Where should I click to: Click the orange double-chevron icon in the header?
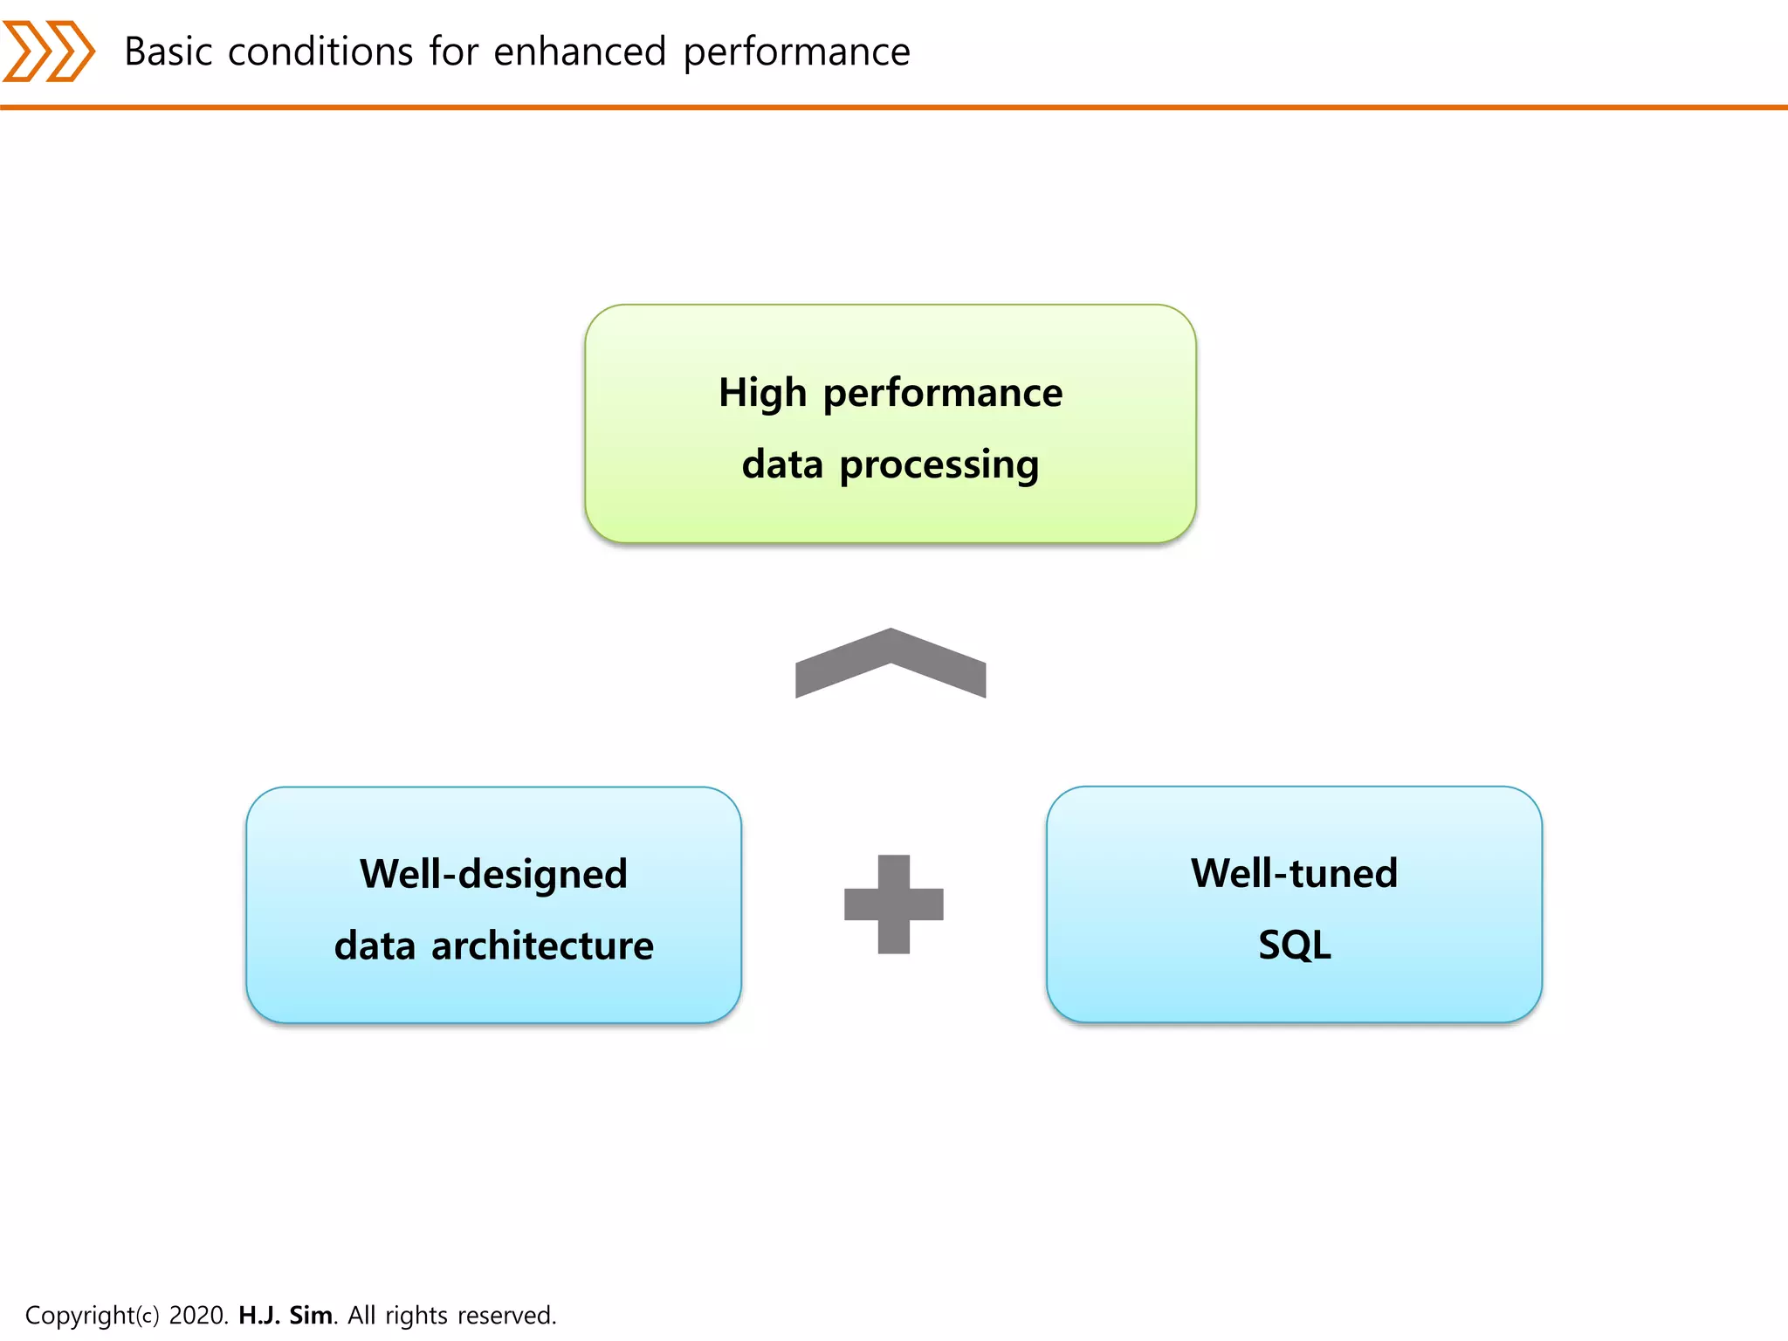point(49,52)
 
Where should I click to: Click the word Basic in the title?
point(168,52)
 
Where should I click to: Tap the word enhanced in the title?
point(580,52)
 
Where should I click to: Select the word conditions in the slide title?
point(320,52)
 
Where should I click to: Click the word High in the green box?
point(762,394)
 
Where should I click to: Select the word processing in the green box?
point(939,465)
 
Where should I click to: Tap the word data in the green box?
point(782,464)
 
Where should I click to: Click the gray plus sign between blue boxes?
point(894,904)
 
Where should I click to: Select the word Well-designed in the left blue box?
point(493,874)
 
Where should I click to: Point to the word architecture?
point(542,946)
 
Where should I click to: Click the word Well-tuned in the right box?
point(1294,873)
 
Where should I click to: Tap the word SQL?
point(1294,945)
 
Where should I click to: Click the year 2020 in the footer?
point(198,1315)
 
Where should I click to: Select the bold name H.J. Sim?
point(285,1315)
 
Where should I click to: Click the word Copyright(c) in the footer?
point(92,1315)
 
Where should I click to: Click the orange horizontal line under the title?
point(894,107)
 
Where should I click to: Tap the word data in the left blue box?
point(375,946)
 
